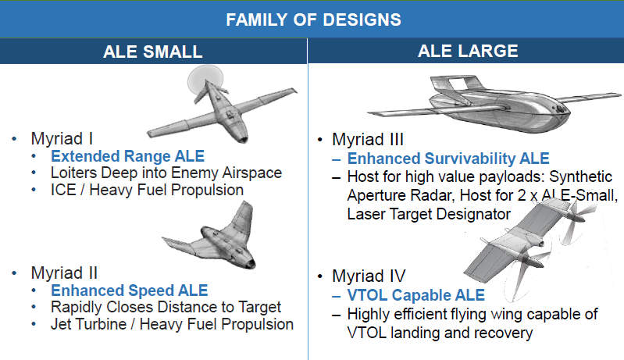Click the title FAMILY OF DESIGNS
coord(314,20)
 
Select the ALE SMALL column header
coord(153,52)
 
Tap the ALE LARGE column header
coord(468,51)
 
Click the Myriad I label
coord(62,139)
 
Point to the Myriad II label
coord(64,273)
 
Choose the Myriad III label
coord(368,140)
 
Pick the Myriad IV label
coord(369,276)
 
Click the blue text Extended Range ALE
coord(128,156)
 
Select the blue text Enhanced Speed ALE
coord(130,290)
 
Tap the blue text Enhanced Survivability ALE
coord(448,159)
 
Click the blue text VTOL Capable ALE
coord(415,295)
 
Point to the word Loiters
coord(73,173)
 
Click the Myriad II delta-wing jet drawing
coord(211,239)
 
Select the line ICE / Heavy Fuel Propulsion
coord(147,190)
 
